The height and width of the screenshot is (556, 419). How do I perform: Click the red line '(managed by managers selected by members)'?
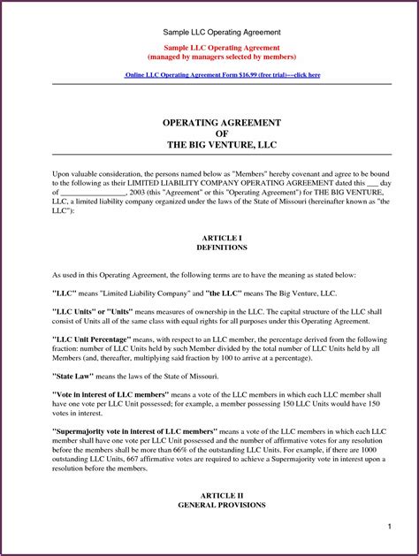[x=209, y=56]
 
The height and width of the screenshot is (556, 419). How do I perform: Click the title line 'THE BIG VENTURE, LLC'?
[x=209, y=144]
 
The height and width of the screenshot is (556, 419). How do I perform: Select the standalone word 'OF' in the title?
[x=209, y=133]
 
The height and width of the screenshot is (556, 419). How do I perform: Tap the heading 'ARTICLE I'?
[x=209, y=239]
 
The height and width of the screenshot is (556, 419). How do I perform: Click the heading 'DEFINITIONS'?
[x=209, y=248]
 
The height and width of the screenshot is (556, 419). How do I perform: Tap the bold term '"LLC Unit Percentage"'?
[x=99, y=339]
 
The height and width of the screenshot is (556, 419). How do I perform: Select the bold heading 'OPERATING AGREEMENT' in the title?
[x=209, y=121]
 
